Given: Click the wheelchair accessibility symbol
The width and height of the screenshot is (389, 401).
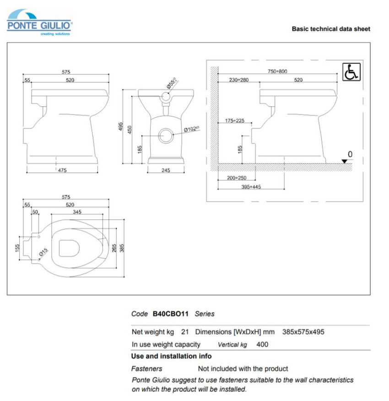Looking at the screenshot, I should (351, 72).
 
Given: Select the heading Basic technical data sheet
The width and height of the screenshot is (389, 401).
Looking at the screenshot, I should (331, 29).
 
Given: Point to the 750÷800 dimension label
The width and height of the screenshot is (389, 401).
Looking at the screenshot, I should (277, 71).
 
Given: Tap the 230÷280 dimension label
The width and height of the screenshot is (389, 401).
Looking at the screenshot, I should (238, 80).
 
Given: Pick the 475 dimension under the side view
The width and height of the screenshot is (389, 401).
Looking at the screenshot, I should (62, 170).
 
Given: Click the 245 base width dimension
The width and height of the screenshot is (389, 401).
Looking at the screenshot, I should (166, 170).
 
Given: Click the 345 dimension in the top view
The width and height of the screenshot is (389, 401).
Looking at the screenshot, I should (77, 211).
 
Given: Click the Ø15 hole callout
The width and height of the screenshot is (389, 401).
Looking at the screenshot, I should (43, 252).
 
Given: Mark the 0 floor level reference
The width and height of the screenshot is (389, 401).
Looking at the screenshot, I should (350, 154).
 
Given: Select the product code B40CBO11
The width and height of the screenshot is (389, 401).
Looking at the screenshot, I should (170, 314).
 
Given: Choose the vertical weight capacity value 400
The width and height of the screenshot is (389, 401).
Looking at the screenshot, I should (262, 344).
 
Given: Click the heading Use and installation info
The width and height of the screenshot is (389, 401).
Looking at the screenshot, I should (171, 356).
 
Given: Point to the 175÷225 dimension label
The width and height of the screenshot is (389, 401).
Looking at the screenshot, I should (235, 121).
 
